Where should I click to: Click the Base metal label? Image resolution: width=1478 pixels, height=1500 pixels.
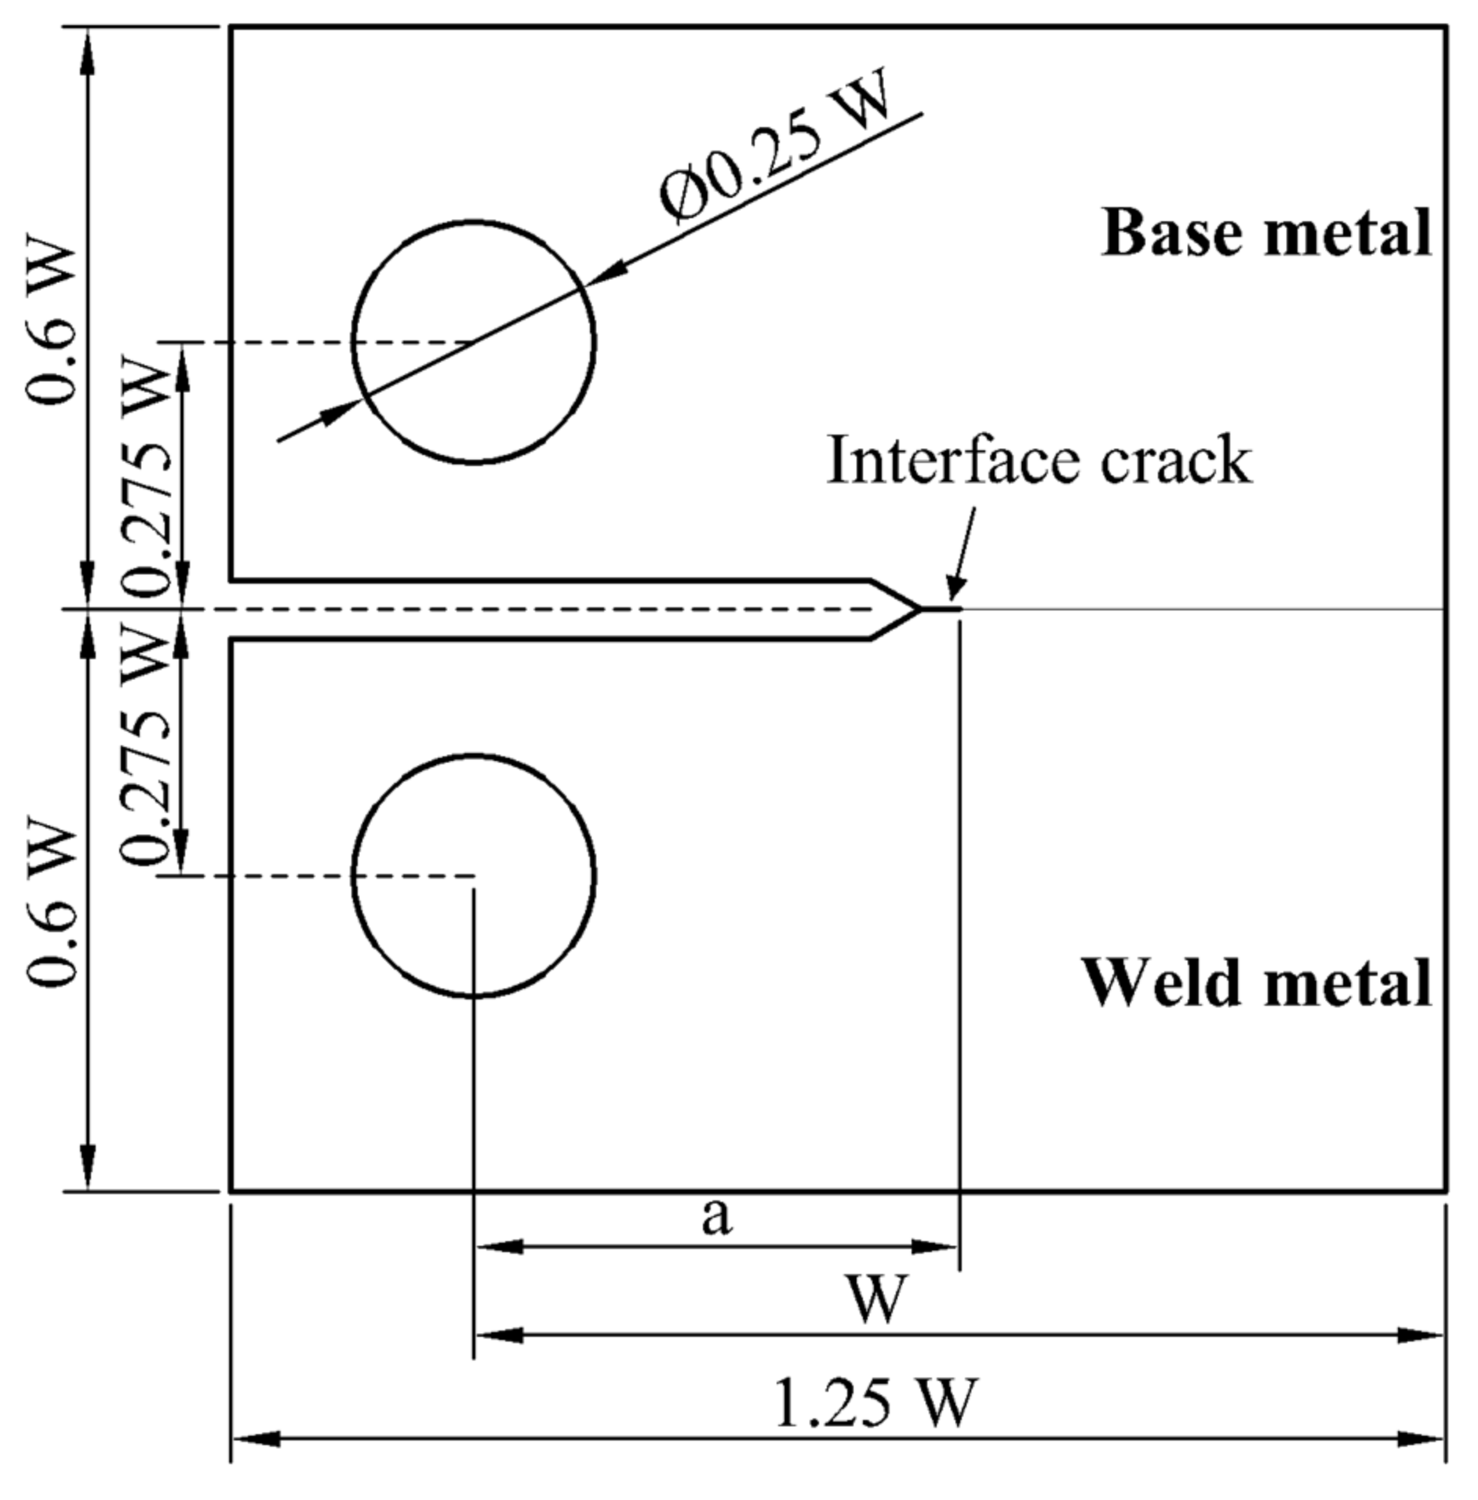point(1266,234)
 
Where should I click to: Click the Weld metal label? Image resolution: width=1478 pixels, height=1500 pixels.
point(1257,983)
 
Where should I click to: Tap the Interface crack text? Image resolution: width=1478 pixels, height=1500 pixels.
point(1039,461)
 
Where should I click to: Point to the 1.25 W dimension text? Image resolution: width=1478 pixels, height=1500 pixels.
point(875,1403)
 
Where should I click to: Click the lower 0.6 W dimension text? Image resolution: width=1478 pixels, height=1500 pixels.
point(52,906)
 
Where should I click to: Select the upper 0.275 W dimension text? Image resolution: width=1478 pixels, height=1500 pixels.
point(146,471)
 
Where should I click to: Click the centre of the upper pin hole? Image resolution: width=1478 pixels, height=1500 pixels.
point(473,342)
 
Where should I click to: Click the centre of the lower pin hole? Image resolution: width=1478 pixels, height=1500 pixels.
point(473,876)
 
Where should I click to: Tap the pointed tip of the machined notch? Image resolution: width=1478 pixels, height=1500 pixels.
point(919,609)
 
